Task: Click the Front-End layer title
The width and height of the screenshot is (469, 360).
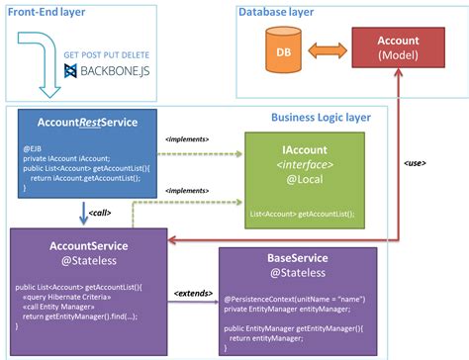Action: click(x=45, y=12)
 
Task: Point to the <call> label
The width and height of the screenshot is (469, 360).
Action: click(x=99, y=212)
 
